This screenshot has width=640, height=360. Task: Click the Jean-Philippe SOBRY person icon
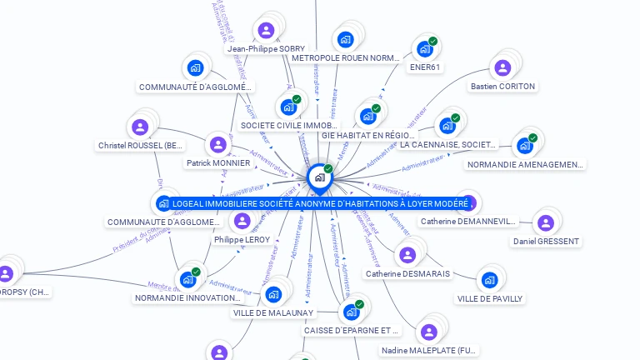[266, 31]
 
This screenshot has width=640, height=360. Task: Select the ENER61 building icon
[424, 49]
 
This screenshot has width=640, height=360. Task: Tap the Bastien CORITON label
[502, 86]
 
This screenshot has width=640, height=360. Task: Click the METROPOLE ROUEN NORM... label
[346, 58]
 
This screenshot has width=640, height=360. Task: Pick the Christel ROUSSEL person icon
[140, 127]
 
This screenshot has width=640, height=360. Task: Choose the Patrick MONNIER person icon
[218, 145]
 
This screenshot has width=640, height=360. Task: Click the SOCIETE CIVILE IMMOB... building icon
[288, 107]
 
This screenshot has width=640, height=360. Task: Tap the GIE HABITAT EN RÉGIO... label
[367, 135]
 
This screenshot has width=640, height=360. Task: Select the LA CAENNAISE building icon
[447, 126]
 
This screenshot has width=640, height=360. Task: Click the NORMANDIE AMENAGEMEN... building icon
[524, 146]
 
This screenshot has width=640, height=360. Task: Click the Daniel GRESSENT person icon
[546, 222]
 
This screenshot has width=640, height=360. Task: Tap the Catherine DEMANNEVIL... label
[467, 222]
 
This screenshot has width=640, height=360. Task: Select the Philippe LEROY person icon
[242, 221]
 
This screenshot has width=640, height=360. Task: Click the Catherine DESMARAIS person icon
[407, 255]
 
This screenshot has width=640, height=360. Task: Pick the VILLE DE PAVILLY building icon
[489, 280]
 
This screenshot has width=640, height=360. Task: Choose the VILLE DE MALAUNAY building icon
[273, 294]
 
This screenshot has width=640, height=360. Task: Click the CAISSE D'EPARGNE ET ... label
[351, 330]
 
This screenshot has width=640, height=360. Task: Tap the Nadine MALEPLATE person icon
[429, 332]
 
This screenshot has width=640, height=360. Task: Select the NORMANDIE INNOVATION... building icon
[187, 279]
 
